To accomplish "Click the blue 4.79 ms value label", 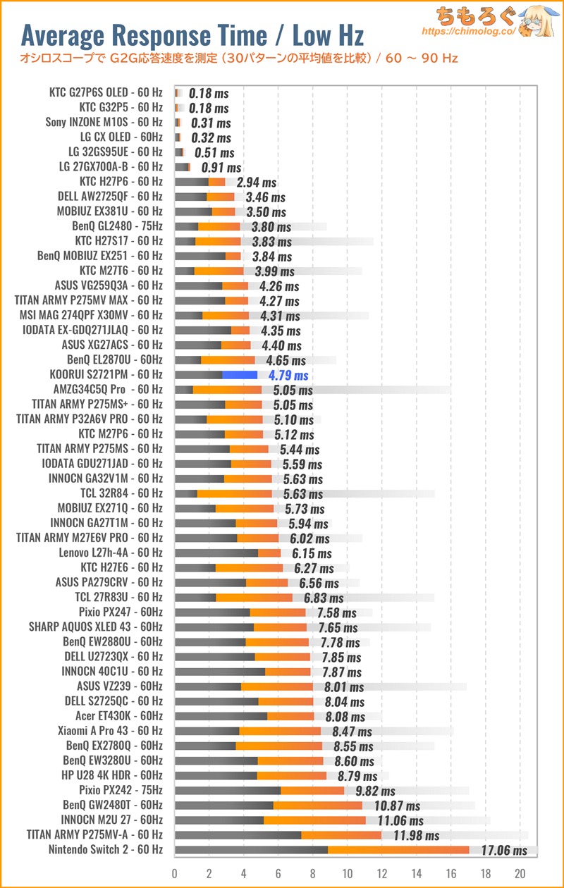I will click(x=288, y=375).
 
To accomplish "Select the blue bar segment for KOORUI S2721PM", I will click(x=240, y=375).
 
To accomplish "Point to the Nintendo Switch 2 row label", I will click(x=105, y=850).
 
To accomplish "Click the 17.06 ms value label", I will click(x=504, y=850).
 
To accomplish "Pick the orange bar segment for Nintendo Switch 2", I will click(x=398, y=850).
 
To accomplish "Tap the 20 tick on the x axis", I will click(x=520, y=872).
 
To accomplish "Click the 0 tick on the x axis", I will click(x=175, y=872).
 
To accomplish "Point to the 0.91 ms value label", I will click(x=221, y=168).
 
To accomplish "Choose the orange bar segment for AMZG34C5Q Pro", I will click(x=227, y=390).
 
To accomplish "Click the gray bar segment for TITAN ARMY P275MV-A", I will click(x=238, y=835).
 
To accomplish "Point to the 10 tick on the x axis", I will click(x=347, y=872).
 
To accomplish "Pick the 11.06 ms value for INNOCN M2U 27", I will click(x=400, y=820).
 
